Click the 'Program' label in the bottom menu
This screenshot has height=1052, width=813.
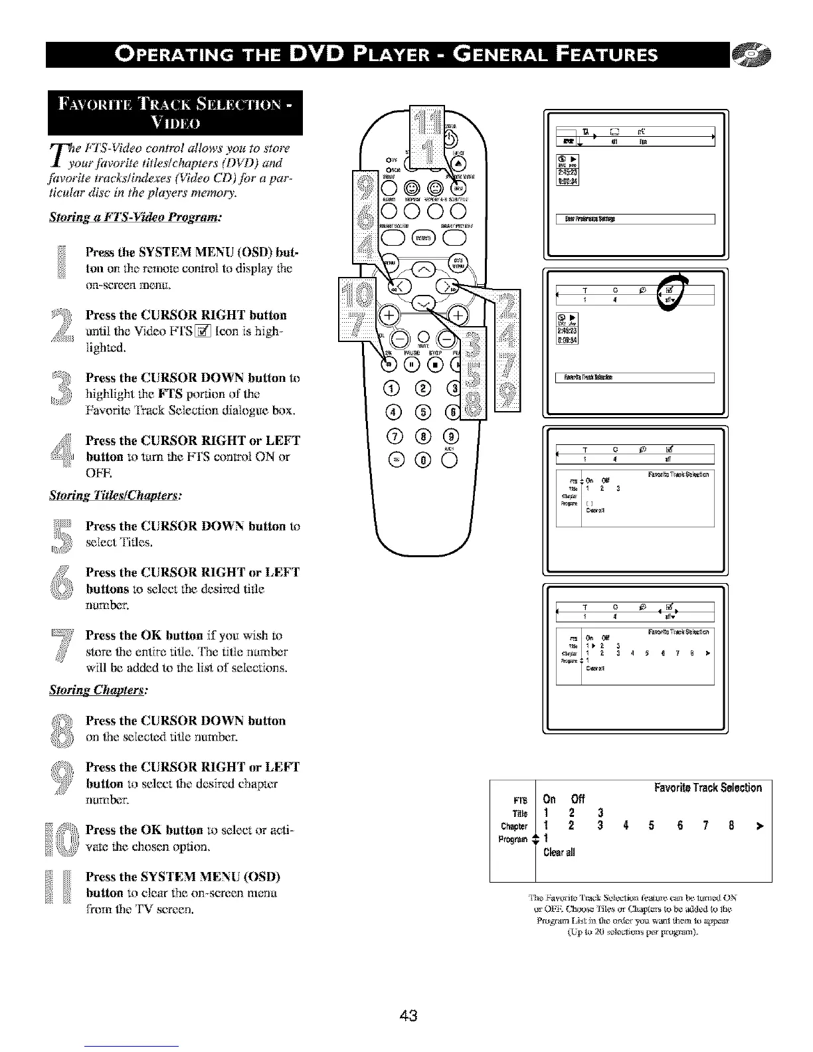pos(513,839)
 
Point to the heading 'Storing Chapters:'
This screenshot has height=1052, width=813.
pos(98,690)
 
